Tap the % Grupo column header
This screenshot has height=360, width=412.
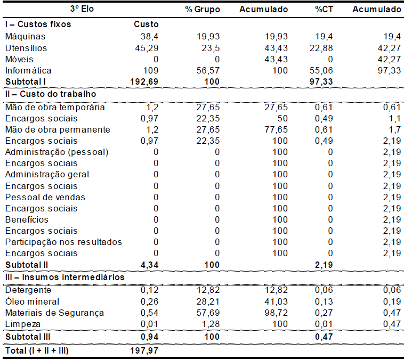pos(203,10)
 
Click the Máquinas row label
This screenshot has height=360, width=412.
pos(25,37)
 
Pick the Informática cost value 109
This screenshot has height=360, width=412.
pos(151,70)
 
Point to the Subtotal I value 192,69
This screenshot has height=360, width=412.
pos(144,81)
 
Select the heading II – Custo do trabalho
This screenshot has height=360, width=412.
pos(51,94)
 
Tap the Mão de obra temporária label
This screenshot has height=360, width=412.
pos(54,108)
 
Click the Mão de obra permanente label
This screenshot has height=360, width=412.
pos(58,130)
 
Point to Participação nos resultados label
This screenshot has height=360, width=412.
pos(63,242)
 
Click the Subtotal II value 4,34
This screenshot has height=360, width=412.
pos(149,265)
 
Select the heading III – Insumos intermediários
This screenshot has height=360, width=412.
pos(64,277)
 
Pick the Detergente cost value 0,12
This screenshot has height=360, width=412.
pos(149,290)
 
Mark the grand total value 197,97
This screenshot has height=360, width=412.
pos(144,350)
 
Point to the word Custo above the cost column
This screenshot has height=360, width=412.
pos(146,24)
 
